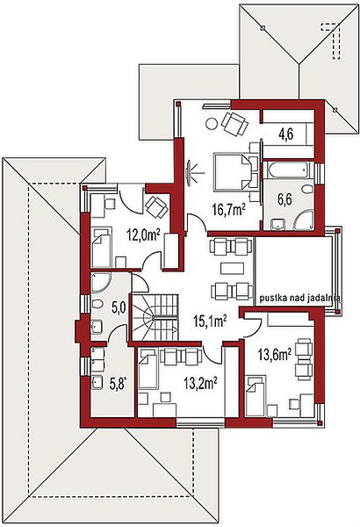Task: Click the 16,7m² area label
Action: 228,210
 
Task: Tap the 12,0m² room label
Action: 143,235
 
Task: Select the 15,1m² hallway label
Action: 211,321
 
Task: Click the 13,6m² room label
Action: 275,354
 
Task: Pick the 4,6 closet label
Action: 285,134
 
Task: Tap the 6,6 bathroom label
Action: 284,199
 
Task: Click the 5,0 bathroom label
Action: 118,307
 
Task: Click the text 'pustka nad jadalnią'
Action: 299,298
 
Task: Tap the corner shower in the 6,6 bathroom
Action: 305,220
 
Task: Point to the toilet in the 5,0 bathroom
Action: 97,304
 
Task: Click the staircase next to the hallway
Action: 154,318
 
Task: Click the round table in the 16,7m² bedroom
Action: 212,125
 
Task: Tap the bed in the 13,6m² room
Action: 256,397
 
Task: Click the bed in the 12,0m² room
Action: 102,248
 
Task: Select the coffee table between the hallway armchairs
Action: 232,269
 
